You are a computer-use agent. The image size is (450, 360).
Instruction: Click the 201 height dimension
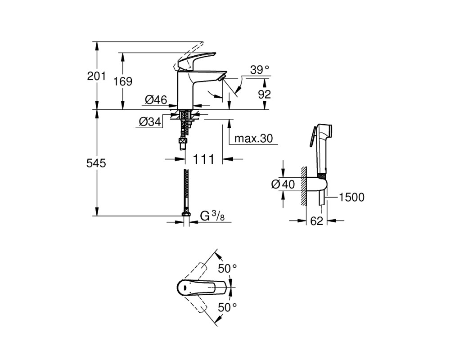pos(96,76)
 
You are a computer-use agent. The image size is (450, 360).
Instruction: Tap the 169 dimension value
pos(123,81)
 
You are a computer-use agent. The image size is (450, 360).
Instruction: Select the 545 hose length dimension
pos(96,163)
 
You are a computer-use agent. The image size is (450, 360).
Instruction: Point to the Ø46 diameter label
pos(156,100)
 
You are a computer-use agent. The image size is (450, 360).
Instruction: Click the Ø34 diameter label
pos(150,122)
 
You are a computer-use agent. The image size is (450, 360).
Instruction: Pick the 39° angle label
pos(260,70)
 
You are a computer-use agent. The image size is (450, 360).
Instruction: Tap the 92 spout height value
pos(264,94)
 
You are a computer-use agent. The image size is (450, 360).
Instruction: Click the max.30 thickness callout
pos(253,139)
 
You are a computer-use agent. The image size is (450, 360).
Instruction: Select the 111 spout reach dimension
pos(203,159)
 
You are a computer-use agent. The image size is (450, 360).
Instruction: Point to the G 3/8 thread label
pos(212,216)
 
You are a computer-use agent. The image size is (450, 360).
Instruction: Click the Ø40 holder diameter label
pos(283,184)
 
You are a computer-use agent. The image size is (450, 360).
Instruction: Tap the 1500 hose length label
pos(351,198)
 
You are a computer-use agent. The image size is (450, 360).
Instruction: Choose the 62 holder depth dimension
pos(316,221)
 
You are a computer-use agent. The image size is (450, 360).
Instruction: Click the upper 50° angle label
pos(227,269)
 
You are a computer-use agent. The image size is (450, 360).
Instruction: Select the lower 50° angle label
pos(227,307)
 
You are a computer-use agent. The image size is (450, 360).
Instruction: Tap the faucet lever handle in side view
pos(196,60)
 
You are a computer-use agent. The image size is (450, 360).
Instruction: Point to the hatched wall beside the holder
pos(304,185)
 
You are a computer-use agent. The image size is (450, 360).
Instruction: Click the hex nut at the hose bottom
pos(186,214)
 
